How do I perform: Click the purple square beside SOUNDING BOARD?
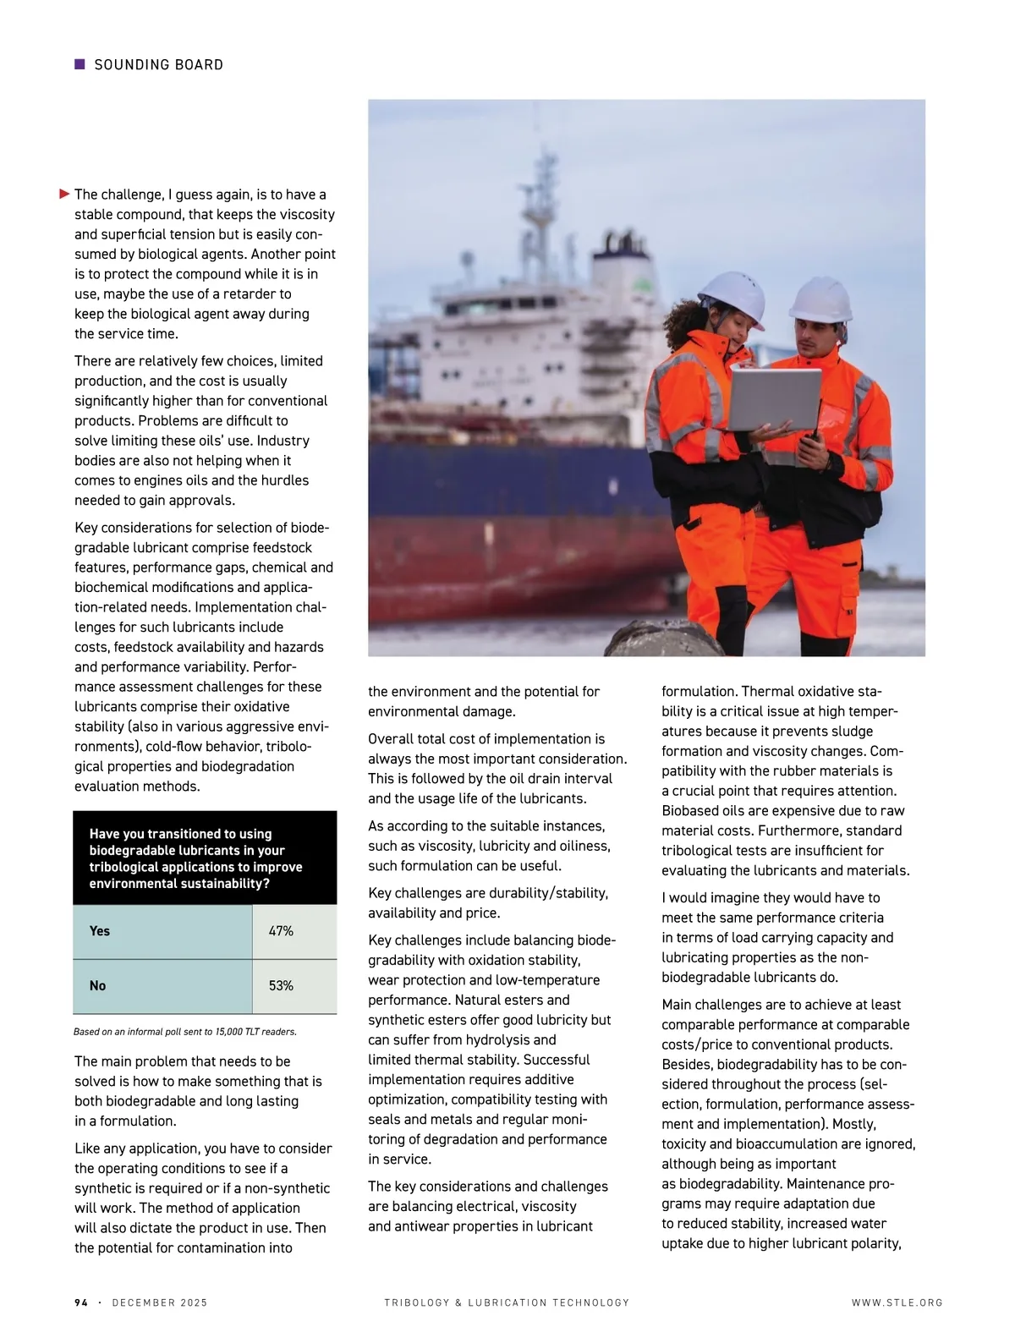tap(80, 64)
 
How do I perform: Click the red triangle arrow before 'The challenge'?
tap(64, 195)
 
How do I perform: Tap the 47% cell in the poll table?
tap(281, 931)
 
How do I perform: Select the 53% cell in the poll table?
tap(281, 986)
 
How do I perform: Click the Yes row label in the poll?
tap(100, 931)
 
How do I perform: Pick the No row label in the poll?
tap(98, 986)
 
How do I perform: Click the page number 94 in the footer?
tap(81, 1302)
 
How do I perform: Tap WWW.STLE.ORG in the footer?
tap(897, 1302)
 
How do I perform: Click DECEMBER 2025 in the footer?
tap(160, 1302)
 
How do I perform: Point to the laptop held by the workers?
tap(775, 399)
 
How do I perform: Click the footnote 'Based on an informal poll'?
tap(185, 1032)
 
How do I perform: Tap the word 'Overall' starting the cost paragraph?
tap(391, 739)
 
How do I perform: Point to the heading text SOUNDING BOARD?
tap(159, 65)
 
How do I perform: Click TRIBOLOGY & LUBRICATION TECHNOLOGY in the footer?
tap(507, 1302)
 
